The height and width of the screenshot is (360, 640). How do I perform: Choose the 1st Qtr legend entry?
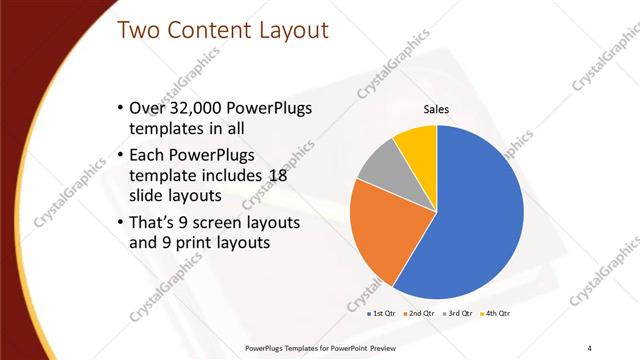click(x=380, y=313)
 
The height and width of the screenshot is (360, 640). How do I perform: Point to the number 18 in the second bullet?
click(x=279, y=174)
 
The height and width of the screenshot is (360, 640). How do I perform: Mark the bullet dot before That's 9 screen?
click(x=120, y=221)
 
